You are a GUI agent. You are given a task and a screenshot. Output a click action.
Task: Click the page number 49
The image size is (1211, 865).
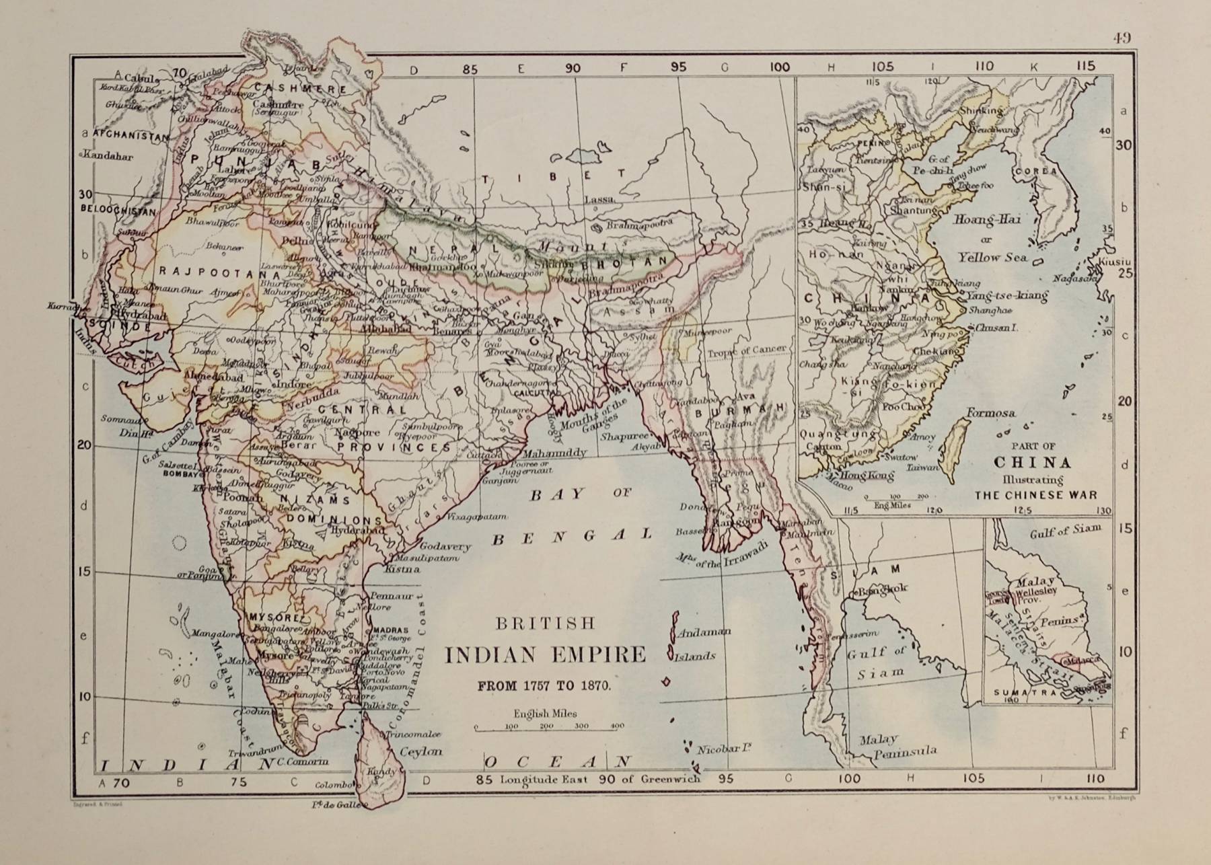point(1121,38)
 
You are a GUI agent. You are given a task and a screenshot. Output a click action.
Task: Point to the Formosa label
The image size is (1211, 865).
point(991,413)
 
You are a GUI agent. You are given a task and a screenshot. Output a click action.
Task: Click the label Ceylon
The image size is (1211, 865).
point(421,751)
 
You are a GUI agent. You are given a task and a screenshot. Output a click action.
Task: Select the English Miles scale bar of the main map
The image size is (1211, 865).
point(549,726)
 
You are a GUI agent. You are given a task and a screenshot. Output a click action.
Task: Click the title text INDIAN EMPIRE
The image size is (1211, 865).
point(545,654)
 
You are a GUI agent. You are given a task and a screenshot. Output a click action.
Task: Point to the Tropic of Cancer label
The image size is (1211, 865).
point(746,350)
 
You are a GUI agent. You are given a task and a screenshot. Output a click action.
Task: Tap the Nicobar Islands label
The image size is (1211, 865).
point(725,748)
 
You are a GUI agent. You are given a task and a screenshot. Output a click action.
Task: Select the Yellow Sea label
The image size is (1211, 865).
point(992,257)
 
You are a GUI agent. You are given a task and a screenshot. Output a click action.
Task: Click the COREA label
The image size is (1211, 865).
point(1036,171)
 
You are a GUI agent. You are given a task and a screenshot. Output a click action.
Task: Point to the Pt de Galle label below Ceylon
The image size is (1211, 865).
point(346,804)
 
